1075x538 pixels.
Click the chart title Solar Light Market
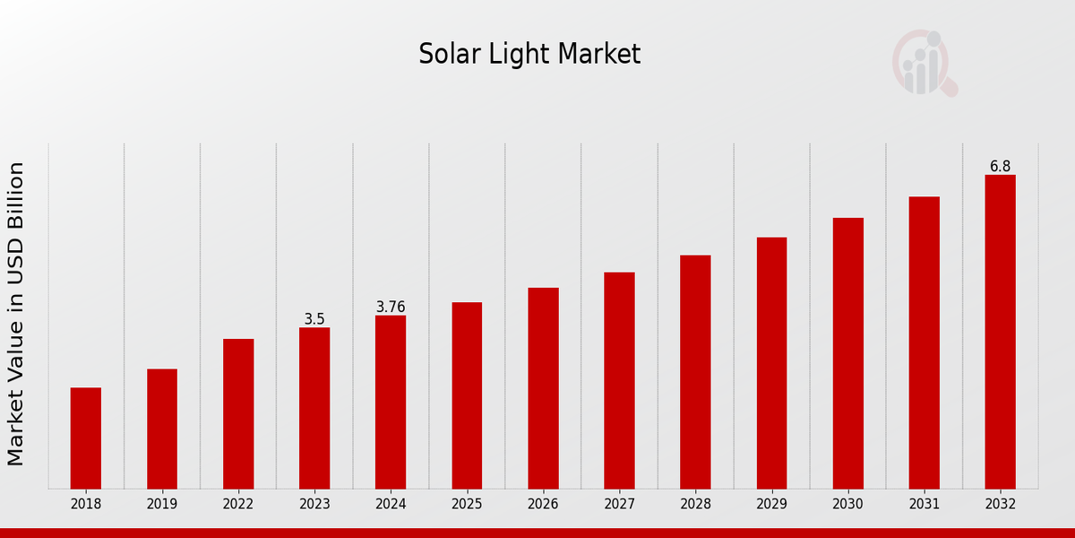[x=529, y=55]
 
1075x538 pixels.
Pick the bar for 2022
[x=238, y=413]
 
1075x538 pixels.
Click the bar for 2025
[x=467, y=395]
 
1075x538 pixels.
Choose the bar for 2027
[x=619, y=380]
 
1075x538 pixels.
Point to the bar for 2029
[x=771, y=363]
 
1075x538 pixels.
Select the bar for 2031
[x=924, y=343]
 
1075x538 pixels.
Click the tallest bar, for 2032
[x=1000, y=332]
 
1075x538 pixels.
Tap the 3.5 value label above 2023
[x=314, y=319]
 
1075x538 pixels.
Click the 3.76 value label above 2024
[x=391, y=307]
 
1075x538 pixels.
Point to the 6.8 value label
[x=1000, y=167]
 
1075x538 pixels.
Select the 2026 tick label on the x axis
[x=543, y=505]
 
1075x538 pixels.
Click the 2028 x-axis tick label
[x=695, y=505]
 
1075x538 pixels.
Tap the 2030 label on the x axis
[x=847, y=505]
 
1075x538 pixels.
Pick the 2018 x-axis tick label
[x=86, y=505]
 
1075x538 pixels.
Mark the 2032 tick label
[x=1000, y=505]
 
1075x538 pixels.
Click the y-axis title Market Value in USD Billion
[x=16, y=314]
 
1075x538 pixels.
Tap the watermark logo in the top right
[x=924, y=63]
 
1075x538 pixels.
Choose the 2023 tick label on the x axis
[x=314, y=505]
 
